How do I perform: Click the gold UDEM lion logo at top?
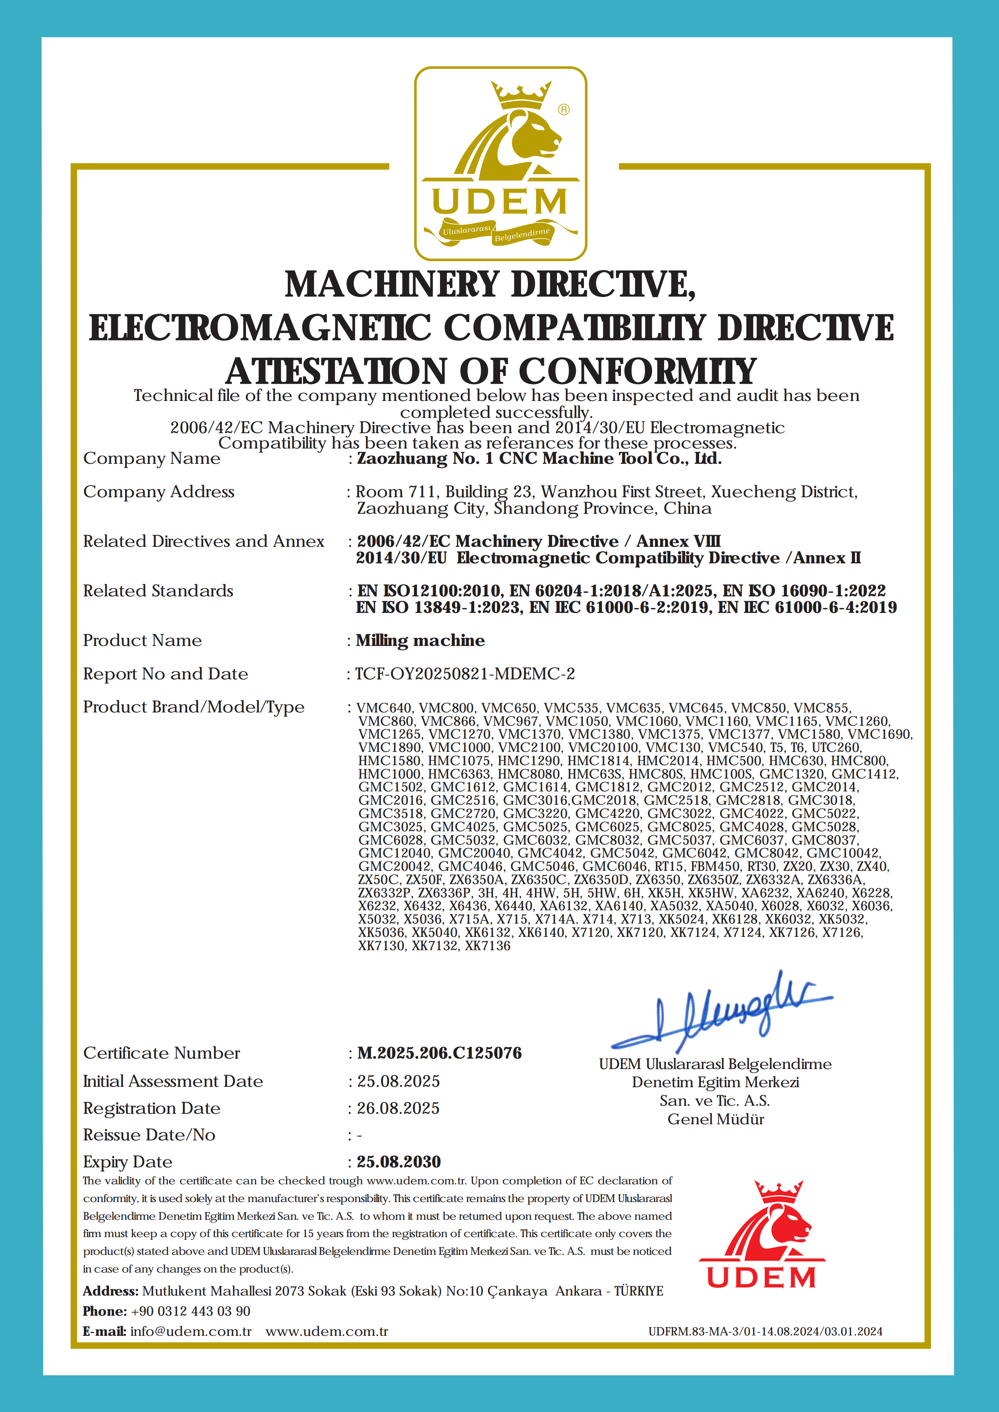500,163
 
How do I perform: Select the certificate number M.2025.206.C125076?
439,1053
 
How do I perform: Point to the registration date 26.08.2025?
398,1108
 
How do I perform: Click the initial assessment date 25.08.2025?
398,1081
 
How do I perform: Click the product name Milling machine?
420,641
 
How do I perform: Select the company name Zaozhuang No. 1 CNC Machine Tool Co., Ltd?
539,459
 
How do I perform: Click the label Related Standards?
158,591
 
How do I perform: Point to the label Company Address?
159,492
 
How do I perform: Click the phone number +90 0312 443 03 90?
191,1311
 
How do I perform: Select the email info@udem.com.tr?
191,1331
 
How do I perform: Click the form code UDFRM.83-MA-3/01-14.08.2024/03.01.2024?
765,1331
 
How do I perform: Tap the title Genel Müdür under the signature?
715,1119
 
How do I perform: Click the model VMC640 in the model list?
384,708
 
